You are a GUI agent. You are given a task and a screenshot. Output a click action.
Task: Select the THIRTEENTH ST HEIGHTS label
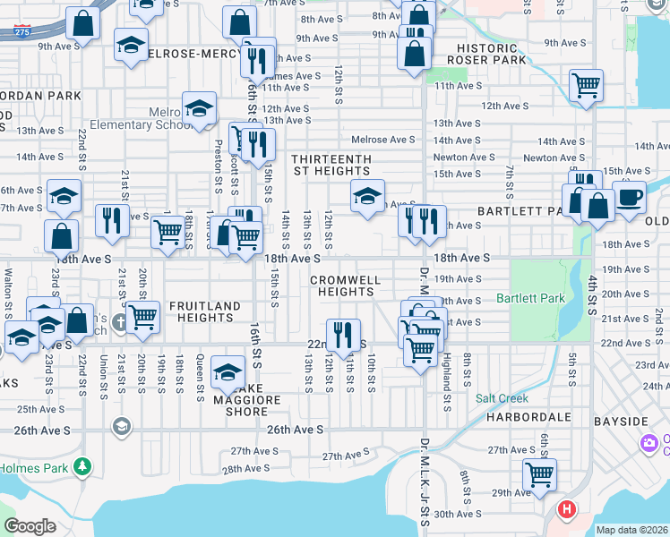(331, 165)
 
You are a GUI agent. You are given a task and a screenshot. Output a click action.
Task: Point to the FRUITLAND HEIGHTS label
(205, 311)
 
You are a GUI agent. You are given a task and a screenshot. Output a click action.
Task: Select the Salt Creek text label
(502, 398)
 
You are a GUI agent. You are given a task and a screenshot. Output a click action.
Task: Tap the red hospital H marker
(566, 510)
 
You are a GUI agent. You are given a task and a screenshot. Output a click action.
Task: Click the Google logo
(30, 526)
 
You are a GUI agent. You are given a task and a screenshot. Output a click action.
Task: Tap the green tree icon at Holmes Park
(82, 465)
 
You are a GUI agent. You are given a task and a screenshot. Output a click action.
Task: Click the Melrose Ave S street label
(382, 140)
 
